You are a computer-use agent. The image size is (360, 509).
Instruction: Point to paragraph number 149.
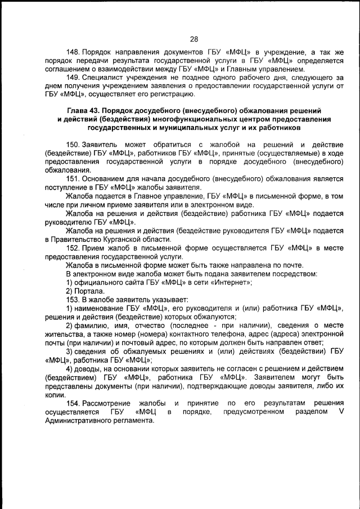(73, 77)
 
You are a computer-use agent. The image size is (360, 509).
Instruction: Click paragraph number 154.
(73, 403)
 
